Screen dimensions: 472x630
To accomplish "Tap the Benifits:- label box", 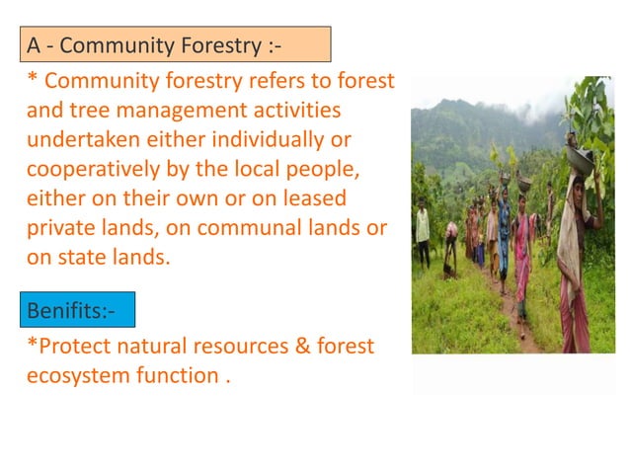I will click(74, 311).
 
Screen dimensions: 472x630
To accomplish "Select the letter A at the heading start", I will click(34, 45).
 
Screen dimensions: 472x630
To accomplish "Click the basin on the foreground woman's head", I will click(581, 158).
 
